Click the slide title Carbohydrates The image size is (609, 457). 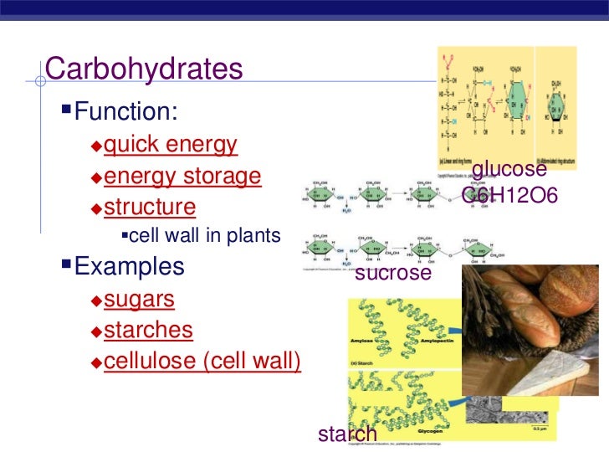tap(144, 70)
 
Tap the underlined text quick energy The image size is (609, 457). tap(171, 145)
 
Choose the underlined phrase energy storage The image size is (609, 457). tap(182, 177)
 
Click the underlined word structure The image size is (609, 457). tap(151, 207)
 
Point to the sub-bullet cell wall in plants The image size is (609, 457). tap(205, 236)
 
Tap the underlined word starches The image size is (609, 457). tap(148, 331)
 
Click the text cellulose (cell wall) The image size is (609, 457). tap(202, 362)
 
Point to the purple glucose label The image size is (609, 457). tap(509, 170)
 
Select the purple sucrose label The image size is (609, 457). tap(393, 273)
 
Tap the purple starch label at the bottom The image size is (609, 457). tap(347, 434)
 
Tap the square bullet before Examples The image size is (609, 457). tap(67, 267)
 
